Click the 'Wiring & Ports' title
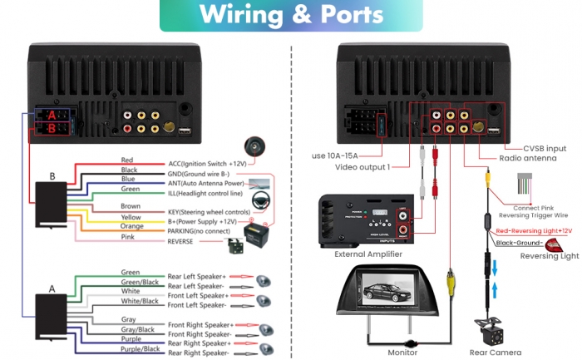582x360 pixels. pyautogui.click(x=291, y=14)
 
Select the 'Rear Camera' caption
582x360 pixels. pyautogui.click(x=496, y=352)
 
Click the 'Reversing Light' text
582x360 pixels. pyautogui.click(x=550, y=256)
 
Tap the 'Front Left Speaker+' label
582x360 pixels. pyautogui.click(x=198, y=295)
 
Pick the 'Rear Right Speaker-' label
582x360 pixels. pyautogui.click(x=198, y=353)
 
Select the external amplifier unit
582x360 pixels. pyautogui.click(x=365, y=221)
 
